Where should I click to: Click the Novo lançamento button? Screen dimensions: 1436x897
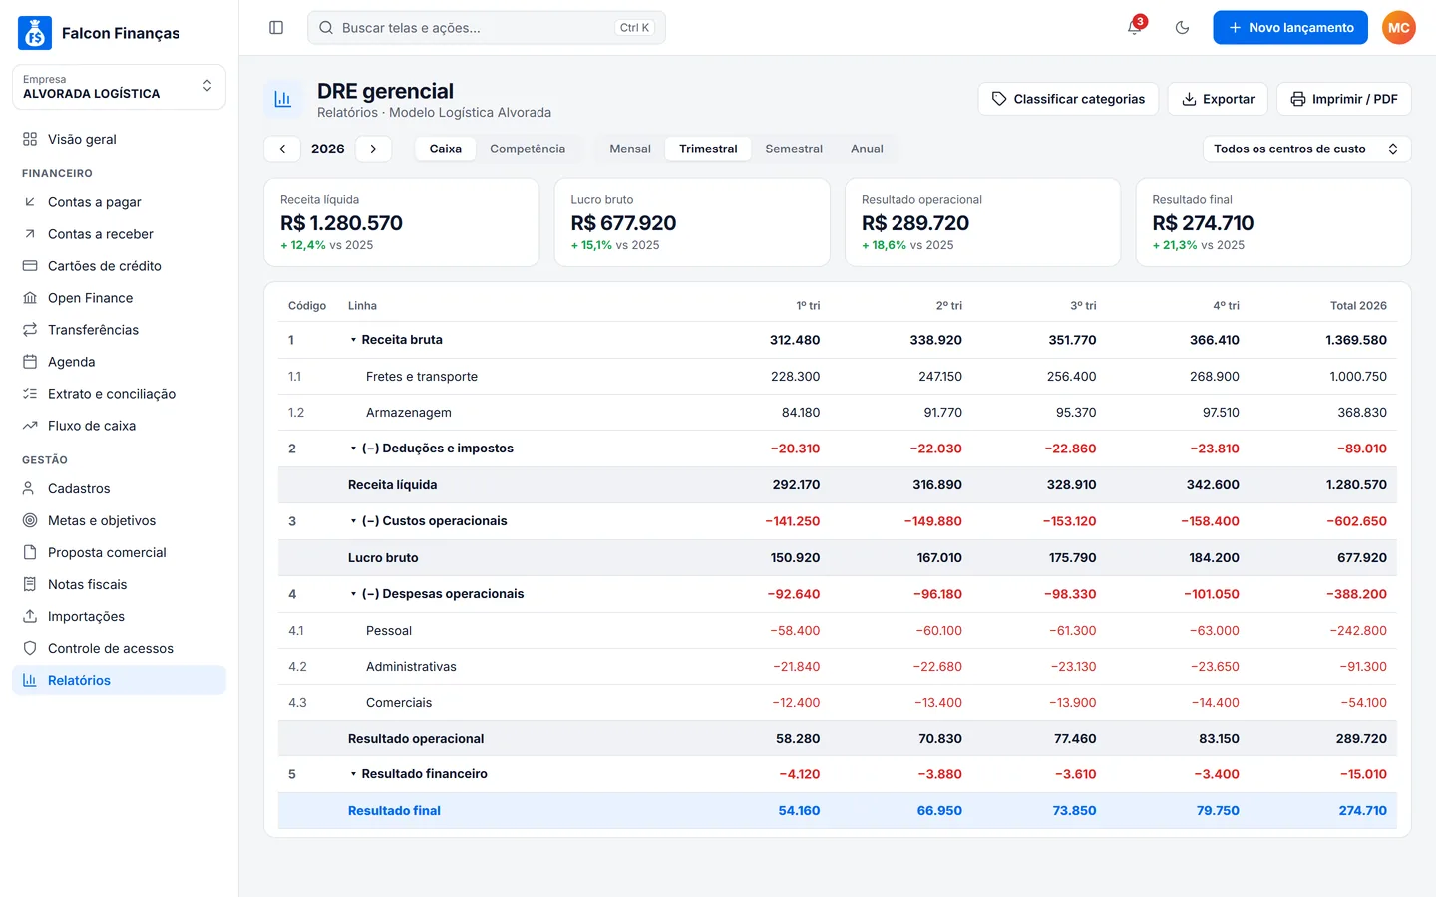pyautogui.click(x=1289, y=28)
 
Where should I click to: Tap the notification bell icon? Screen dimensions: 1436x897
pyautogui.click(x=1134, y=28)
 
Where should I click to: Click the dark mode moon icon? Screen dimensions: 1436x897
pyautogui.click(x=1182, y=28)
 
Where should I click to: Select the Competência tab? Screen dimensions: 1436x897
pyautogui.click(x=528, y=149)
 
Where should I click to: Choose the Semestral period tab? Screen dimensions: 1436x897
pyautogui.click(x=794, y=149)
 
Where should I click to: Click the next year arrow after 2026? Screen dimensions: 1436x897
pyautogui.click(x=373, y=149)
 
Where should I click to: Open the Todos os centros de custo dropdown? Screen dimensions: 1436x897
pyautogui.click(x=1306, y=149)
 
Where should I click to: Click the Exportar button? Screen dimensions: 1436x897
pyautogui.click(x=1218, y=99)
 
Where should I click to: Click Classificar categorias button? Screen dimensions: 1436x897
pyautogui.click(x=1068, y=99)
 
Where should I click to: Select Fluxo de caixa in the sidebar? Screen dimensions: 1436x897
pyautogui.click(x=92, y=426)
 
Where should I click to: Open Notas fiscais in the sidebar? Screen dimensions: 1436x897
pyautogui.click(x=87, y=584)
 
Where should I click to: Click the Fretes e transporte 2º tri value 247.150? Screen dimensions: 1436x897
pyautogui.click(x=939, y=376)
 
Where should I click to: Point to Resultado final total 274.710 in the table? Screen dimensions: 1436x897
pyautogui.click(x=1362, y=810)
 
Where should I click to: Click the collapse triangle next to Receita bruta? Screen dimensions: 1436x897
pyautogui.click(x=353, y=340)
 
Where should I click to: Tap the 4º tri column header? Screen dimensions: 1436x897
pyautogui.click(x=1226, y=306)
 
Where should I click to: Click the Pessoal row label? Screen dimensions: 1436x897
pyautogui.click(x=389, y=631)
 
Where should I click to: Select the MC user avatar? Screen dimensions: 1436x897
pyautogui.click(x=1399, y=28)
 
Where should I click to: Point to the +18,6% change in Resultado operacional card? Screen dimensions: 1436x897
pyautogui.click(x=884, y=245)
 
